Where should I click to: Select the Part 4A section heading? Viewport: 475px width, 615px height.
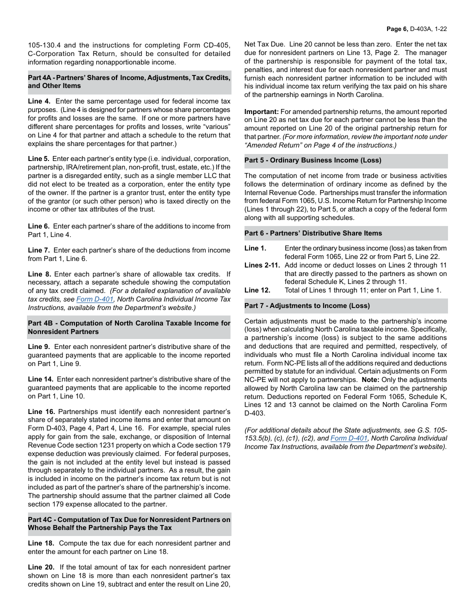click(129, 81)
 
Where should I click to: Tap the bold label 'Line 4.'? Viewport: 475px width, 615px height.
click(39, 101)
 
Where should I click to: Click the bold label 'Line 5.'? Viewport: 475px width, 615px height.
click(39, 159)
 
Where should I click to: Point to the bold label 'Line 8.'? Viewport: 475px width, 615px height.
click(39, 274)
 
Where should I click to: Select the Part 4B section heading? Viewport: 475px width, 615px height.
click(129, 327)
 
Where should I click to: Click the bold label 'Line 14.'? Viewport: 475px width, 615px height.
click(41, 379)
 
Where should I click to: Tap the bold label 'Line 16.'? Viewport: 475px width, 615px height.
click(41, 411)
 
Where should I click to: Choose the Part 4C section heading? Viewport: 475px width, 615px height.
click(129, 523)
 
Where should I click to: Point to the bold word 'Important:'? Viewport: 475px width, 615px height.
click(261, 111)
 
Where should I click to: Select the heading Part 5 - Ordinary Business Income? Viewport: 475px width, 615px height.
click(313, 160)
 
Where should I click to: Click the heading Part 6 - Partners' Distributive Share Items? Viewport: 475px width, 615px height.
click(313, 233)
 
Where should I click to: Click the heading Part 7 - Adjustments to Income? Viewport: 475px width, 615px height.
click(307, 305)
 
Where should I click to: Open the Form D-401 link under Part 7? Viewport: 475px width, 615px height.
click(349, 438)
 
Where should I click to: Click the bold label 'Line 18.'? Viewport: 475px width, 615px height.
click(41, 543)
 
